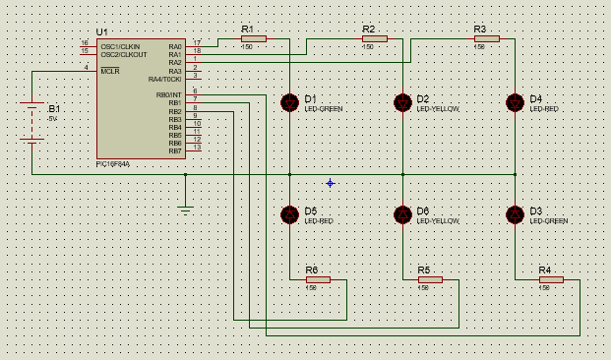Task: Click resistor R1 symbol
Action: [253, 39]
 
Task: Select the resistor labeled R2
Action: [374, 39]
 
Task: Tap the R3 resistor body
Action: [486, 39]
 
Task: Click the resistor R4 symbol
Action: [551, 279]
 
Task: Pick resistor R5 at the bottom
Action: [430, 279]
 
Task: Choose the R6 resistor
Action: [318, 279]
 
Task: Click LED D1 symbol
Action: [289, 102]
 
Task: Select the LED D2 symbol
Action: [402, 102]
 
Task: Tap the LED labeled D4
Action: [515, 102]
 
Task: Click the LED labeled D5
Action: [289, 214]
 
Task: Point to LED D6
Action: [402, 214]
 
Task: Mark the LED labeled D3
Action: [515, 214]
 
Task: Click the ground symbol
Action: [185, 208]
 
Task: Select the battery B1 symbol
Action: [32, 122]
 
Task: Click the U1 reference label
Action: [102, 32]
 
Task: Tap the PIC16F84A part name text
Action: [113, 164]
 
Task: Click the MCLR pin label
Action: [109, 71]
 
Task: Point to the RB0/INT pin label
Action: [169, 94]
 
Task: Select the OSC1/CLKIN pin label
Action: [120, 46]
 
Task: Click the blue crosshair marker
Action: [331, 183]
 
